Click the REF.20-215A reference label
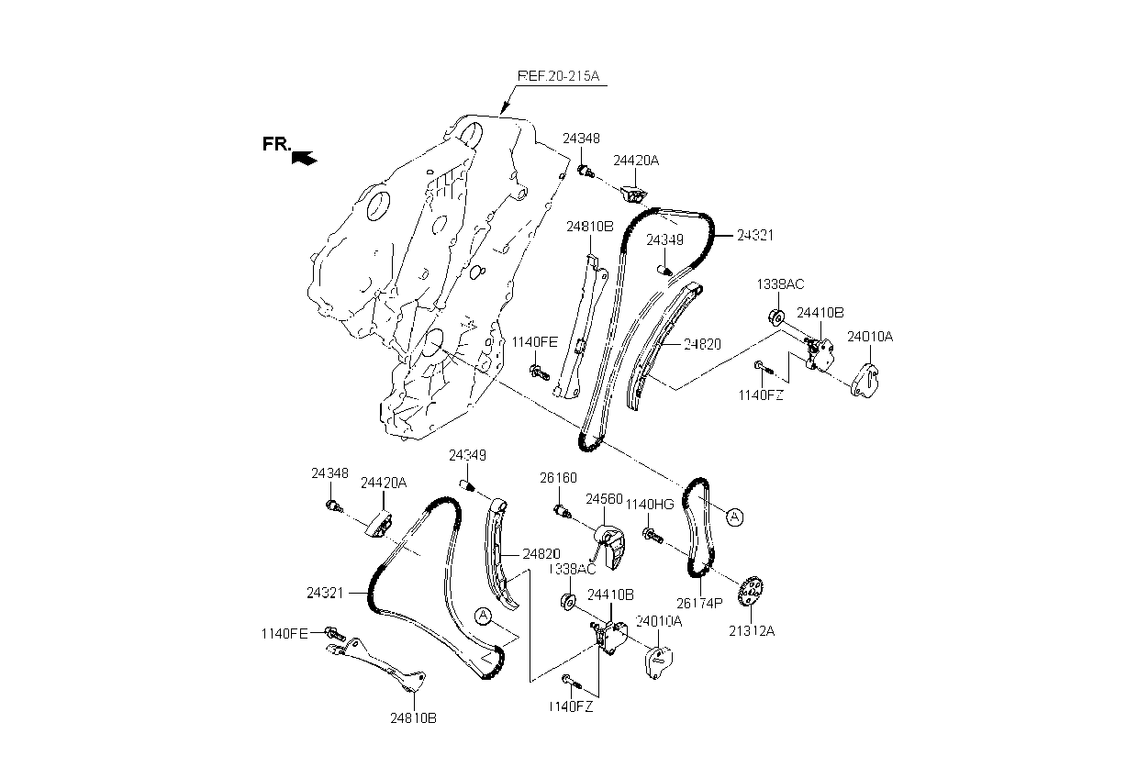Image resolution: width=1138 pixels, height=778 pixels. pyautogui.click(x=558, y=76)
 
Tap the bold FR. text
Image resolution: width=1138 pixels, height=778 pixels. pyautogui.click(x=276, y=144)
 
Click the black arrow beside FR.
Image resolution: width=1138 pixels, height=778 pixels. pyautogui.click(x=304, y=158)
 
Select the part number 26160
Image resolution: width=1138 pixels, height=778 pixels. pyautogui.click(x=558, y=478)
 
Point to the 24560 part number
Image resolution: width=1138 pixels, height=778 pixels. pyautogui.click(x=605, y=499)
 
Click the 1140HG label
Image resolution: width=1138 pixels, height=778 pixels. pyautogui.click(x=650, y=505)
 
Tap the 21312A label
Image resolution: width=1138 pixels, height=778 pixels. pyautogui.click(x=752, y=632)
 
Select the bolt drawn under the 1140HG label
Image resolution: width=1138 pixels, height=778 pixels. pyautogui.click(x=651, y=533)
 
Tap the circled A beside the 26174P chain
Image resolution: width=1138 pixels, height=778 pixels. pyautogui.click(x=734, y=517)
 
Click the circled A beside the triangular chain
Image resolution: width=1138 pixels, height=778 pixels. pyautogui.click(x=484, y=615)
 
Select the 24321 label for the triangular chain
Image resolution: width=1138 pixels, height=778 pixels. pyautogui.click(x=325, y=594)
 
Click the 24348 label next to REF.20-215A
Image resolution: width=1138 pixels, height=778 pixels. pyautogui.click(x=581, y=139)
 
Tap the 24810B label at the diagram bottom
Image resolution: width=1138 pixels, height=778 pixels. pyautogui.click(x=413, y=718)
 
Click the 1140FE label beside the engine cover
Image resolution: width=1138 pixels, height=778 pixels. pyautogui.click(x=535, y=342)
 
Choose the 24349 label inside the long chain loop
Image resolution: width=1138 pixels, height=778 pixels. pyautogui.click(x=664, y=239)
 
